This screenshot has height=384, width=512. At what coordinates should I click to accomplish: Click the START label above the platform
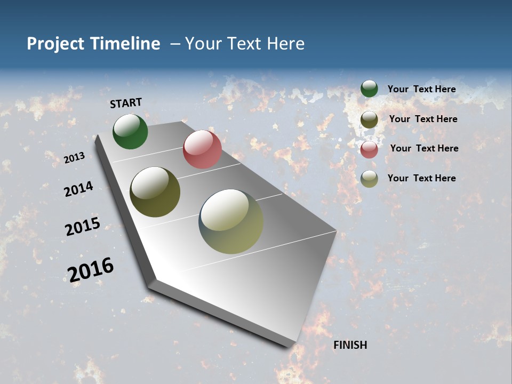(x=126, y=103)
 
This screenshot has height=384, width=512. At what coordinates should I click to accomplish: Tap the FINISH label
(x=350, y=345)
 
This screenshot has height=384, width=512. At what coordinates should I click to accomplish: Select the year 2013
(x=75, y=157)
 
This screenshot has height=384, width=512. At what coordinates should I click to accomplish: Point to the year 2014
(x=78, y=189)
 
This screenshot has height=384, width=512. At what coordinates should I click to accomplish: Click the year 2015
(x=83, y=227)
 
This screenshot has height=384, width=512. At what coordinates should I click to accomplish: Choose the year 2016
(x=91, y=269)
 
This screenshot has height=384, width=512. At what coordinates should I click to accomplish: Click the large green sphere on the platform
(x=130, y=132)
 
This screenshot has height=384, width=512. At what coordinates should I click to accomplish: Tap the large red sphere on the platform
(x=202, y=149)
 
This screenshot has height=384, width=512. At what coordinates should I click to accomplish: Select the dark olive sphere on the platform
(x=155, y=192)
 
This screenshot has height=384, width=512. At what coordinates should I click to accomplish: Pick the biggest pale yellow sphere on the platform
(x=231, y=221)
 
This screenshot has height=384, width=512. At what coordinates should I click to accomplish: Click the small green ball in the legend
(x=369, y=89)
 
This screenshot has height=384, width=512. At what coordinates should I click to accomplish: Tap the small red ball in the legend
(x=369, y=149)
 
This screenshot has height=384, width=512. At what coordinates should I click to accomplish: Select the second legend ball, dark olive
(x=369, y=119)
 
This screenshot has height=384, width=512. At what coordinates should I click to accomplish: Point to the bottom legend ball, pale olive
(x=369, y=179)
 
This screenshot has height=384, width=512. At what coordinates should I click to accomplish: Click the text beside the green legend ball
(x=421, y=89)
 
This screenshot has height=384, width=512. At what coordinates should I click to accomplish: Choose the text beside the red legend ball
(x=424, y=148)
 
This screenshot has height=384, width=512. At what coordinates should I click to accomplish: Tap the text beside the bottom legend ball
(x=421, y=178)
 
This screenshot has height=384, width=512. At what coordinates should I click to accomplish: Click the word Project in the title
(x=55, y=44)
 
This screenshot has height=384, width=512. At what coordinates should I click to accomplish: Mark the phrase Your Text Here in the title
(x=245, y=44)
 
